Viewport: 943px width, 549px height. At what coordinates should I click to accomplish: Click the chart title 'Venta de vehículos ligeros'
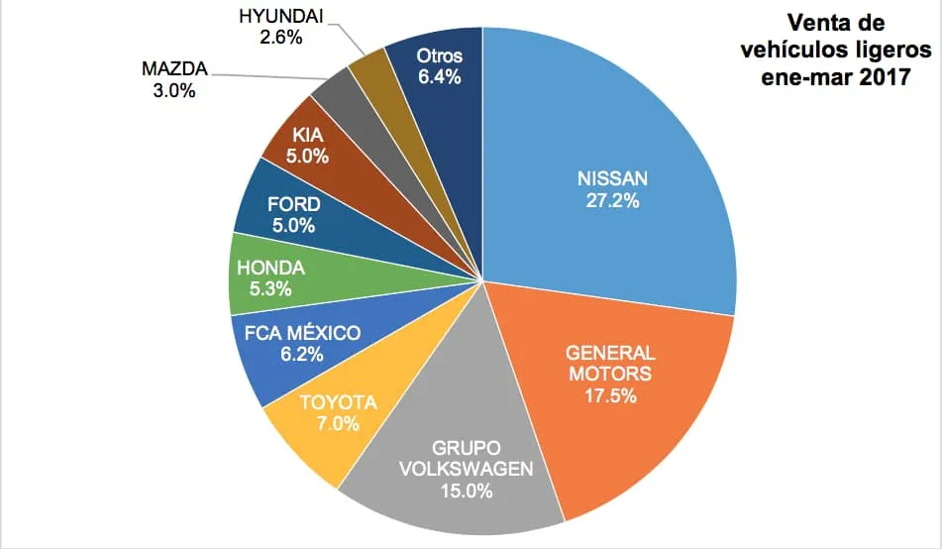(850, 37)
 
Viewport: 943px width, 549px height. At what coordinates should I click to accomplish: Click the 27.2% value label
(612, 201)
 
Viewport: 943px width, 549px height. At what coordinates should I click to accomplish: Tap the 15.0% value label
(466, 492)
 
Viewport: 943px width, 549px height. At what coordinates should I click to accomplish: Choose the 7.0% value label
(338, 424)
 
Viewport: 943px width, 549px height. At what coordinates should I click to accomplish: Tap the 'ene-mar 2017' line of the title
(850, 80)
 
